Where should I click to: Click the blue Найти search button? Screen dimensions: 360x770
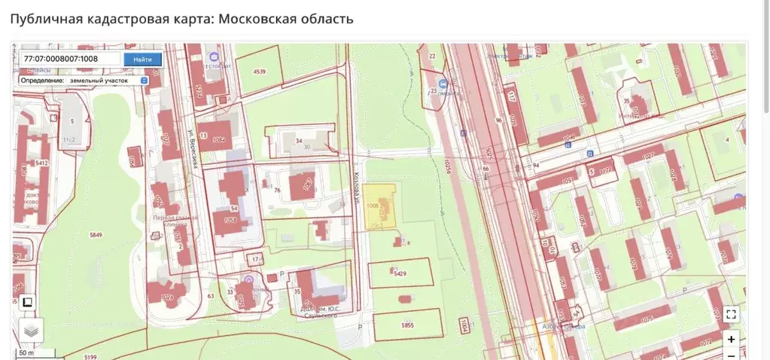click(x=142, y=59)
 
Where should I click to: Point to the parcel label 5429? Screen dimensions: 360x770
click(x=400, y=273)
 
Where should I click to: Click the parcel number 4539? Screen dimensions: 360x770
click(x=260, y=72)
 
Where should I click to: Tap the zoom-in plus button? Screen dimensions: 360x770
click(x=731, y=339)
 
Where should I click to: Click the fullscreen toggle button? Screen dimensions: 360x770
click(x=731, y=315)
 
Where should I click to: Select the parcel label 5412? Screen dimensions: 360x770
click(x=41, y=163)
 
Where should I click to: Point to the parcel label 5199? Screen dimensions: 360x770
click(x=91, y=356)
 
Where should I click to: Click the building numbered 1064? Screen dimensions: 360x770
click(x=219, y=139)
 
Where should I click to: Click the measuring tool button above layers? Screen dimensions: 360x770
click(x=27, y=302)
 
